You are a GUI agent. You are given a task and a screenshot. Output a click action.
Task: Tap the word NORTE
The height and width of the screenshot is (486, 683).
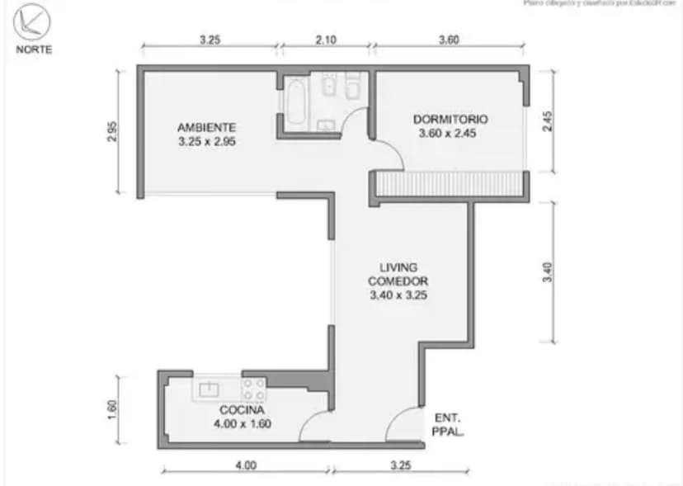pos(34,50)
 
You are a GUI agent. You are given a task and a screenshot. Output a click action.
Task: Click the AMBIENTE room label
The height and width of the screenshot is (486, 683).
pos(206,128)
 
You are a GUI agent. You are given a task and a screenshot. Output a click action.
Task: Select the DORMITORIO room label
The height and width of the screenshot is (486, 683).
pos(450,119)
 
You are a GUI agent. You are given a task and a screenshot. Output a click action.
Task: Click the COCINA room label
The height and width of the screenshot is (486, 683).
pos(242,410)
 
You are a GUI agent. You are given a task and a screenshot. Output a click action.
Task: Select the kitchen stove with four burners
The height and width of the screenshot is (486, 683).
pos(253,389)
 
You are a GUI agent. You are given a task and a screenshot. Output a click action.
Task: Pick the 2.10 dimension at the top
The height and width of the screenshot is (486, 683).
pos(325,39)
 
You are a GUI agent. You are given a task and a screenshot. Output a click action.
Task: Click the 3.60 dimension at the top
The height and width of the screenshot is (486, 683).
pos(448,39)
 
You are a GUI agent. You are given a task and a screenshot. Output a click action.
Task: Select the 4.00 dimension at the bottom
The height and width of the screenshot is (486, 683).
pos(245,465)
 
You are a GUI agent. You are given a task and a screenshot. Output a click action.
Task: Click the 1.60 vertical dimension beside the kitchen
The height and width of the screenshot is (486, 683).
pos(113,410)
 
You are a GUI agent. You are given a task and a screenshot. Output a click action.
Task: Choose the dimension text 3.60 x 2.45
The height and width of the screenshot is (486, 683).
pos(448,134)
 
